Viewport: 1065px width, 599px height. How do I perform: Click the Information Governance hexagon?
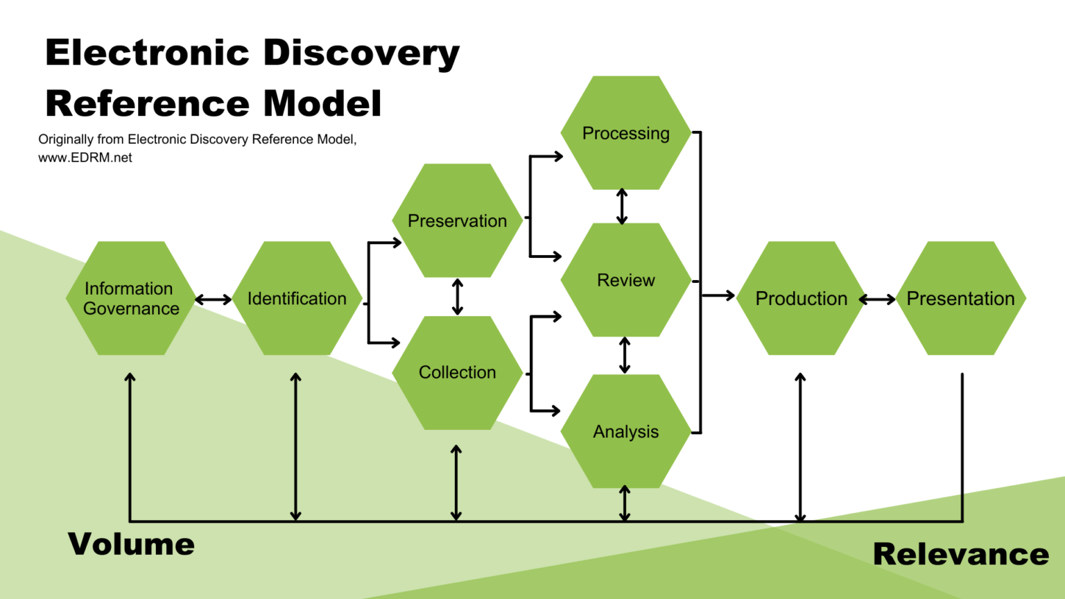tap(130, 298)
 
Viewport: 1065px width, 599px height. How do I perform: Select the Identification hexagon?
tap(297, 298)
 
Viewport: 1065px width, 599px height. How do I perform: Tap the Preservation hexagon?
tap(457, 220)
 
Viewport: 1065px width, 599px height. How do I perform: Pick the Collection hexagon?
tap(457, 372)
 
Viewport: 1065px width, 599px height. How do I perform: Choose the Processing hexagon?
tap(625, 133)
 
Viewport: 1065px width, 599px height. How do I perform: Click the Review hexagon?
tap(625, 280)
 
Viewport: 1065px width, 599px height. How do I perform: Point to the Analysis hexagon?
tap(625, 431)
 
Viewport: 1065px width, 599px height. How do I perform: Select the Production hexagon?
tap(801, 298)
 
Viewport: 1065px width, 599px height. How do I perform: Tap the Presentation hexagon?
tap(960, 298)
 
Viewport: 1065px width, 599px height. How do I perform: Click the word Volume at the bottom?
tap(131, 544)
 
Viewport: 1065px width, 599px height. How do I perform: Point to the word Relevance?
tap(960, 554)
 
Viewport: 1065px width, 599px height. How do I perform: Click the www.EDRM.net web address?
tap(85, 157)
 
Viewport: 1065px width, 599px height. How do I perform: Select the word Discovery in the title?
tap(361, 53)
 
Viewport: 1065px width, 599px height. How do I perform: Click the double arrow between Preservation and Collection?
tap(457, 297)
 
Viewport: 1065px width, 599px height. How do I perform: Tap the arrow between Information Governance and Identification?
tap(214, 299)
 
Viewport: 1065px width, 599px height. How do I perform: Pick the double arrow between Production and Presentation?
tap(877, 299)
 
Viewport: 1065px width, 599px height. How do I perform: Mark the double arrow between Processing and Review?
tap(622, 206)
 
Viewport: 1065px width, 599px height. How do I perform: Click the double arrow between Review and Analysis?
tap(625, 355)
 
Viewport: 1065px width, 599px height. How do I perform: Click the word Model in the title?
tap(322, 104)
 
